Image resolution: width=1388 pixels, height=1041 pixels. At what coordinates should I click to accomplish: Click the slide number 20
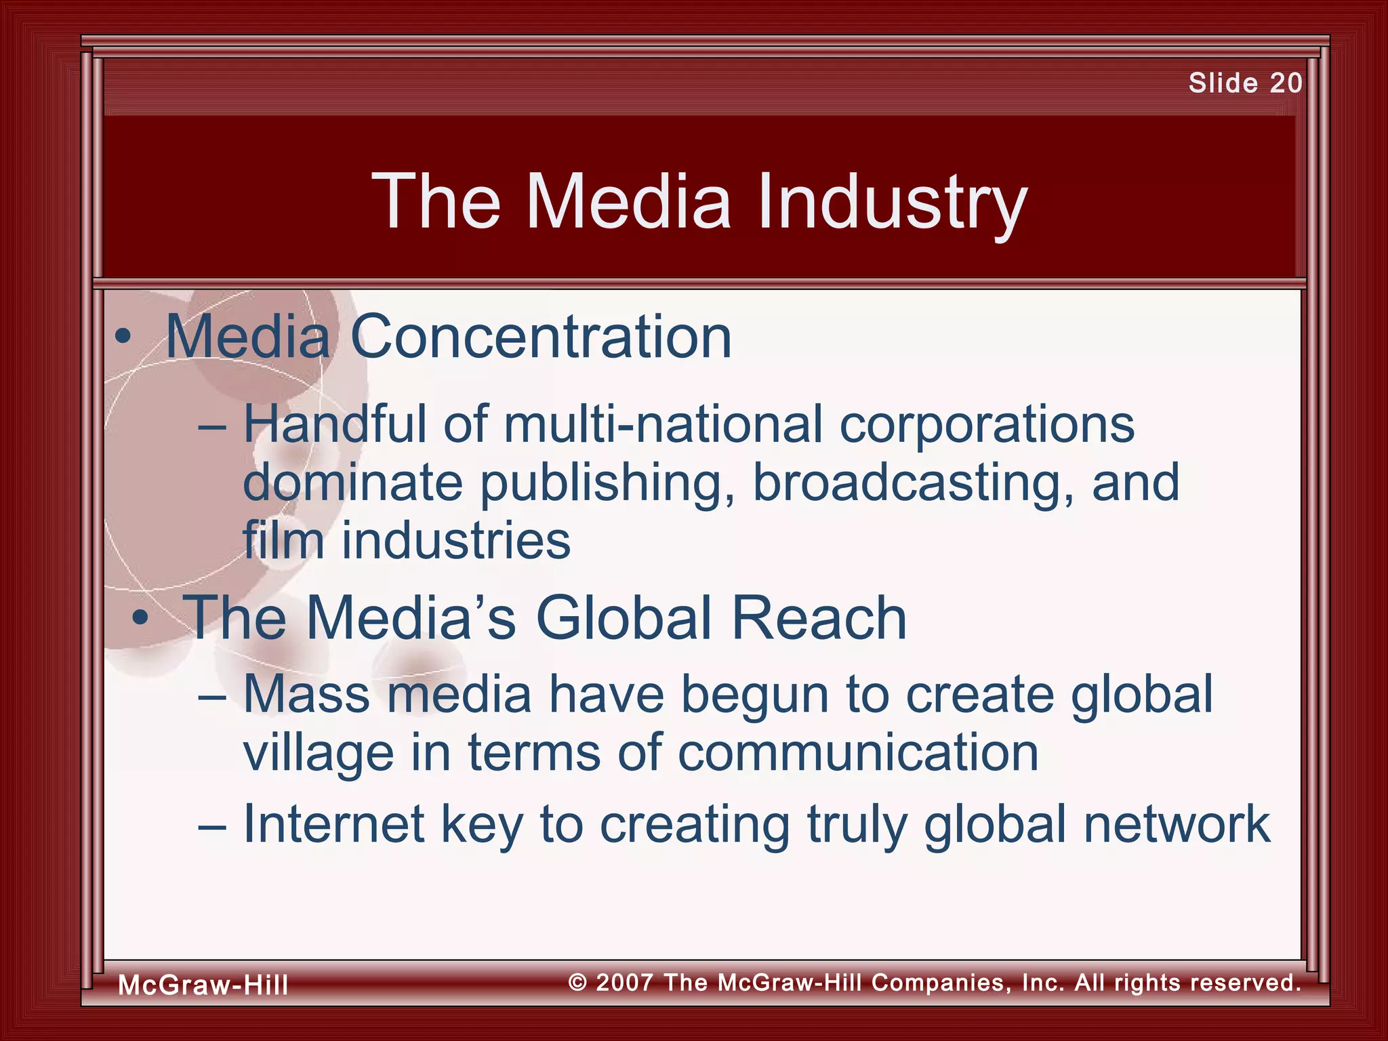pyautogui.click(x=1286, y=83)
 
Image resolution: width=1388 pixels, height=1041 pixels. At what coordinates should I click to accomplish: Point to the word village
pyautogui.click(x=318, y=754)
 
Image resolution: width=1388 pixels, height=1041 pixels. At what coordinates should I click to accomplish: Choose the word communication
pyautogui.click(x=858, y=753)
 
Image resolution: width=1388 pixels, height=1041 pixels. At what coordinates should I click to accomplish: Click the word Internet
pyautogui.click(x=333, y=823)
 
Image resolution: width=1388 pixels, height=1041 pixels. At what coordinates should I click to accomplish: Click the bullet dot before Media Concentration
pyautogui.click(x=123, y=338)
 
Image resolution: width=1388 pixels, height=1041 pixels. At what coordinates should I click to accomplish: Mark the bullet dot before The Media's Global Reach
pyautogui.click(x=140, y=618)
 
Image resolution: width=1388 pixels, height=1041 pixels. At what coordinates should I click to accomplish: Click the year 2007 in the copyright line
pyautogui.click(x=625, y=982)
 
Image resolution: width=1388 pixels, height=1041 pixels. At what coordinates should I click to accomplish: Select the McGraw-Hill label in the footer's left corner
pyautogui.click(x=203, y=985)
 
